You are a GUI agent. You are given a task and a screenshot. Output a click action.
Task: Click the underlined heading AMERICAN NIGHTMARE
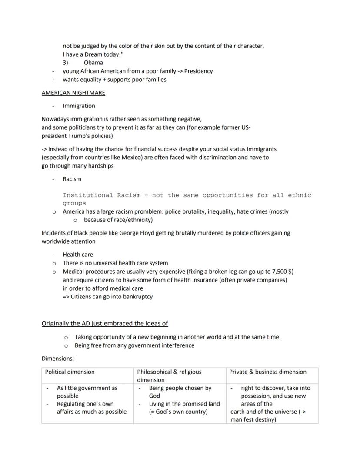73,93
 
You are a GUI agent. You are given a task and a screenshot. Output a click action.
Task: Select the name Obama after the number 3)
93,63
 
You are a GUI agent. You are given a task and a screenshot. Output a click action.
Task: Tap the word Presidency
198,71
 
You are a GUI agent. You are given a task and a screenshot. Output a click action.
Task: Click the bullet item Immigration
79,106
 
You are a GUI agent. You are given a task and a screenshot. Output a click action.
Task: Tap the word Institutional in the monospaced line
88,195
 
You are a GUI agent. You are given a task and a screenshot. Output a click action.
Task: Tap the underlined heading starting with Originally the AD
104,323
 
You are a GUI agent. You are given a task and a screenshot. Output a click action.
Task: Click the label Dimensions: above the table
58,359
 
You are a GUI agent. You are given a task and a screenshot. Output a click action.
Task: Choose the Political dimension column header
70,372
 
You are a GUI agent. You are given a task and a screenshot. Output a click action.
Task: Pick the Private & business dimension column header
267,372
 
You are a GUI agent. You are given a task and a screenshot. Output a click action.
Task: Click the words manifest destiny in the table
253,420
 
